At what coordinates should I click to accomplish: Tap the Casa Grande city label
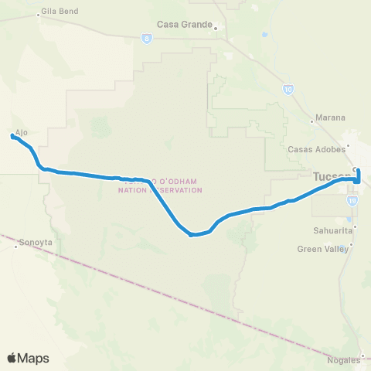click(184, 24)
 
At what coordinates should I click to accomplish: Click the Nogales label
click(344, 360)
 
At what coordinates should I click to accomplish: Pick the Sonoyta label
click(35, 240)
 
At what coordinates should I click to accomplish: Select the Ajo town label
click(22, 132)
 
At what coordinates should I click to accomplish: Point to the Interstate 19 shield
click(352, 199)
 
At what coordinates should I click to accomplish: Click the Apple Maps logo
click(28, 358)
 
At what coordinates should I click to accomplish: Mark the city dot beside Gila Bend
click(39, 14)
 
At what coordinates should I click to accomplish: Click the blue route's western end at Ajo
click(12, 137)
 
